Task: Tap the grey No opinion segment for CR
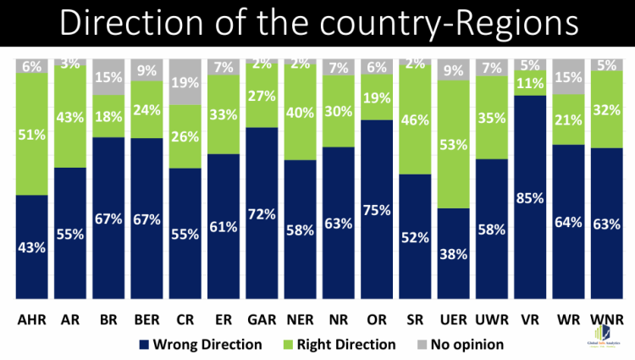point(185,81)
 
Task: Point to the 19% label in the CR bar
point(185,83)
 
